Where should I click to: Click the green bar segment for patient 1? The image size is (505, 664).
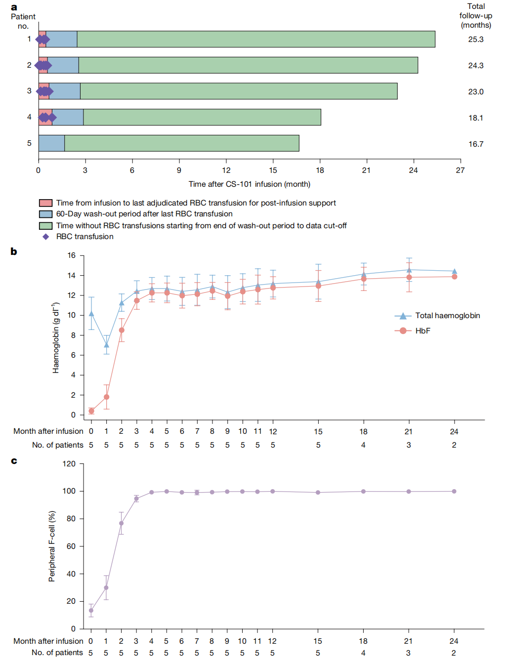[256, 40]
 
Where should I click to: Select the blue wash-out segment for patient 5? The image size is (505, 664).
[51, 143]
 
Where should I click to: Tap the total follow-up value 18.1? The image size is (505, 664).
[475, 118]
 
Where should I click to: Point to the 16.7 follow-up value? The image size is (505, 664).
[475, 144]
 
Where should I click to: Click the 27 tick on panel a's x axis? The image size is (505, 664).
[460, 170]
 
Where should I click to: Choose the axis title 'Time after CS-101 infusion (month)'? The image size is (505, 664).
[250, 184]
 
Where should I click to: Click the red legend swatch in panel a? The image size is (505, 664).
[46, 203]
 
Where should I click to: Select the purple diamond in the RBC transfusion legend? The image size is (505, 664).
[46, 237]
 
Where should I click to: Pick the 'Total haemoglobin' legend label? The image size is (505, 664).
[447, 316]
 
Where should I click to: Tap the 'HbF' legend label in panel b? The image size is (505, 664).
[422, 331]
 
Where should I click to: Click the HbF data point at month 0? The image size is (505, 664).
[91, 411]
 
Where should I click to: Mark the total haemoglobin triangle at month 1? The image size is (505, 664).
[106, 345]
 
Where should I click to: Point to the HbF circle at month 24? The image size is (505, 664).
[454, 277]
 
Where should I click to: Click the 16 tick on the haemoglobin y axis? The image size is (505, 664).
[72, 255]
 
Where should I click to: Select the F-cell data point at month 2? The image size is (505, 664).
[121, 523]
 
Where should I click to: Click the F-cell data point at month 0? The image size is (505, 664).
[91, 610]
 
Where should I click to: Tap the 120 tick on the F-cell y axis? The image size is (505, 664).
[69, 464]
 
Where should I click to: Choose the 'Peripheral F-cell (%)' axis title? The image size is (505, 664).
[52, 546]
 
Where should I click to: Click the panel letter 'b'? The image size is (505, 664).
[14, 251]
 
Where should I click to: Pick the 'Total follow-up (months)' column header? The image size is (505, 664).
[475, 16]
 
